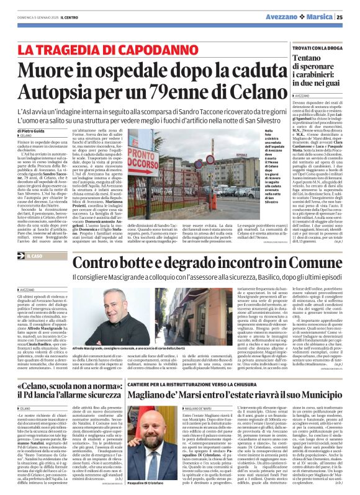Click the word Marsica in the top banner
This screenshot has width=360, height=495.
323,17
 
